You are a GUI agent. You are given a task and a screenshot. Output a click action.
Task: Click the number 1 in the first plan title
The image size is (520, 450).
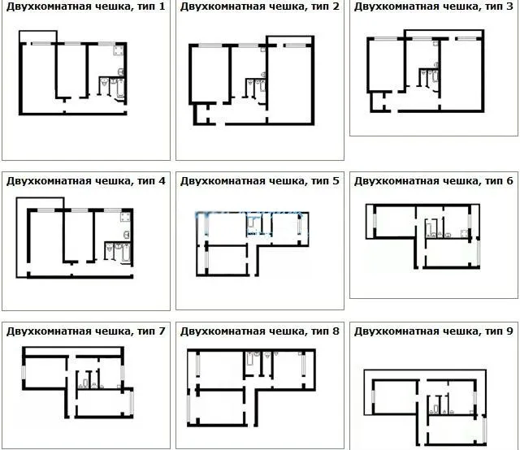point(162,6)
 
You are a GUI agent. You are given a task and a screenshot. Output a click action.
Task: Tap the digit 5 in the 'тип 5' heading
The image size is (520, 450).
point(336,180)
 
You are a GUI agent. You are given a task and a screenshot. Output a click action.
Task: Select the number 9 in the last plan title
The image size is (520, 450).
point(509,331)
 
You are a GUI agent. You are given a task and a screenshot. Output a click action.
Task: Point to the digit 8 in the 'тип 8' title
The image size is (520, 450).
point(336,331)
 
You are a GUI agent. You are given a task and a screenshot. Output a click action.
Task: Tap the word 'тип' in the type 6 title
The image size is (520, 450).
point(494,181)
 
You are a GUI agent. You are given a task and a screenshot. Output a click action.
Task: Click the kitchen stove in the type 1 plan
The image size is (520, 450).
point(119,50)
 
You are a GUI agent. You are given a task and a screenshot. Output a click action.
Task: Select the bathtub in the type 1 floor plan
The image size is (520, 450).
point(120,89)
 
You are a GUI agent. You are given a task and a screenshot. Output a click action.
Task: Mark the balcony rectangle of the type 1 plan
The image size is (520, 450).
point(38,31)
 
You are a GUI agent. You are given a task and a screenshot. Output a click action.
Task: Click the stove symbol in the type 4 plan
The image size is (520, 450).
point(126,217)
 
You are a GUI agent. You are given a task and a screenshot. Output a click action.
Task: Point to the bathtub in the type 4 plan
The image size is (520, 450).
point(127,253)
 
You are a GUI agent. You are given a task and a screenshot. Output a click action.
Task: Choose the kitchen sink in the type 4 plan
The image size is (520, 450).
point(127,235)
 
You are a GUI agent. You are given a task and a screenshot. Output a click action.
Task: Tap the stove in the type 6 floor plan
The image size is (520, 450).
point(464,233)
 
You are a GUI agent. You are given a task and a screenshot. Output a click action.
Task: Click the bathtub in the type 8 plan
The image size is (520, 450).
point(250,359)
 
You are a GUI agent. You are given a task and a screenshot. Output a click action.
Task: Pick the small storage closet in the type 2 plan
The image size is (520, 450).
point(201,115)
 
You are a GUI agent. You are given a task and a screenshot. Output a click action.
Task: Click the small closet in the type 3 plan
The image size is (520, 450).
point(378,102)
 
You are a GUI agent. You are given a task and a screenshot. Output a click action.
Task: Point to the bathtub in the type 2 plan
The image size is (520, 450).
point(262,86)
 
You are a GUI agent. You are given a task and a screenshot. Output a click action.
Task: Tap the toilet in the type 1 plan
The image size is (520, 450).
point(105,82)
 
